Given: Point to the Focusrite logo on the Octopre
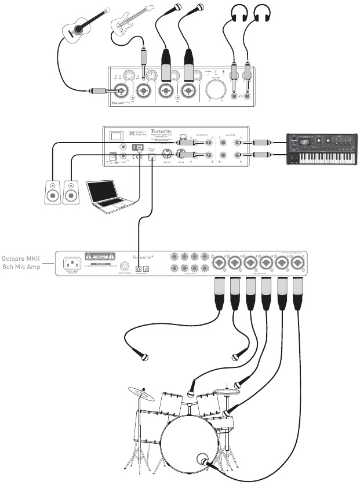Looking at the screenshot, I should tap(143, 256).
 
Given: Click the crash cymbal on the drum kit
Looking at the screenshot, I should tap(142, 394).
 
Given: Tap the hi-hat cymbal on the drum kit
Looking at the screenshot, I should tap(227, 392).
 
